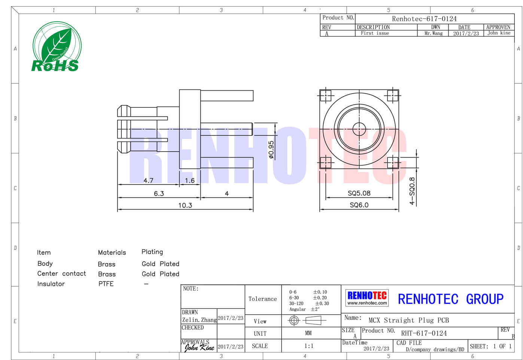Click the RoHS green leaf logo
57,46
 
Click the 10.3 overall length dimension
185,205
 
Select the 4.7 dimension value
149,180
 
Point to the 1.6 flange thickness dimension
190,180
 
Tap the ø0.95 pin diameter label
271,150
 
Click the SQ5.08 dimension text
359,193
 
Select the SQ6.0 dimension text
359,205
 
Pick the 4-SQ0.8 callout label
412,191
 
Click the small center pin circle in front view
359,129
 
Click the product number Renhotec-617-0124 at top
424,19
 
